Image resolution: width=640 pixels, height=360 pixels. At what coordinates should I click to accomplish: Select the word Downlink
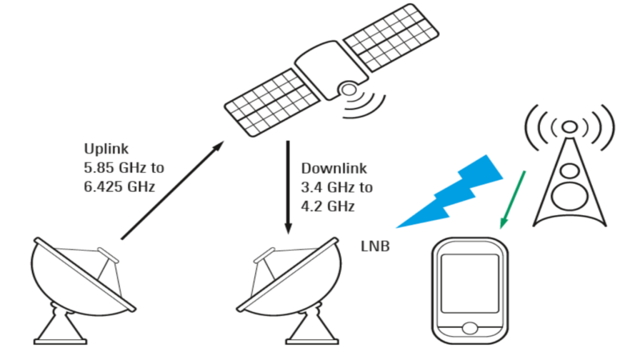click(334, 168)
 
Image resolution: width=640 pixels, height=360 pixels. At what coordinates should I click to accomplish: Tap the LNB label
click(375, 246)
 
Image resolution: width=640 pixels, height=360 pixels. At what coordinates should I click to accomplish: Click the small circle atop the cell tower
click(569, 127)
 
